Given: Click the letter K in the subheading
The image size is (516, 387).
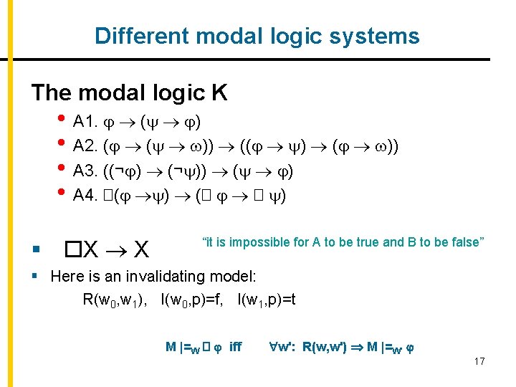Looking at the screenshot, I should click(219, 93).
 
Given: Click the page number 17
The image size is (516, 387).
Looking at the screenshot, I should click(479, 361).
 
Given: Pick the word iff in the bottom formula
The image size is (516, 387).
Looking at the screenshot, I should click(235, 347).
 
